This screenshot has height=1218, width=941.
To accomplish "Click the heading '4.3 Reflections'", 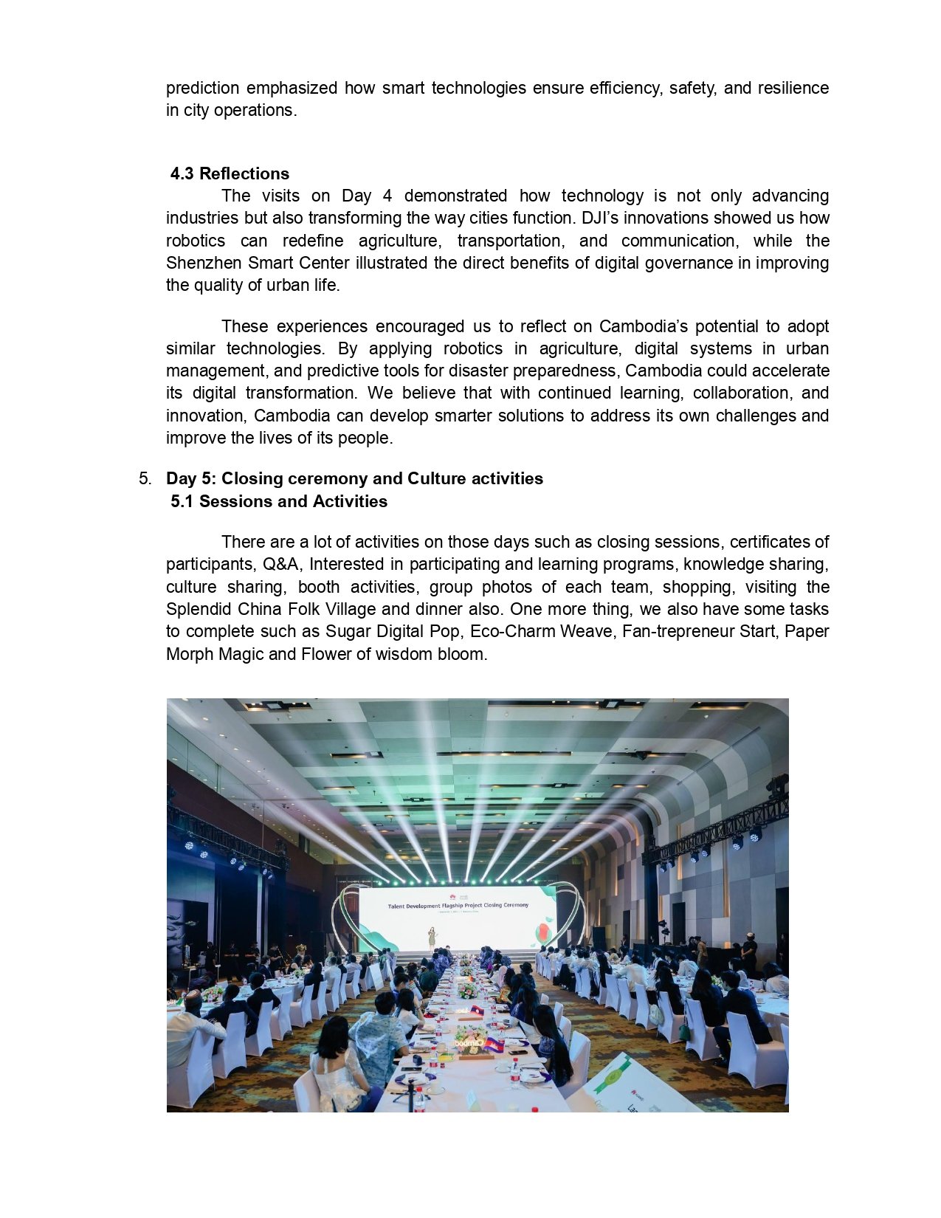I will tap(230, 173).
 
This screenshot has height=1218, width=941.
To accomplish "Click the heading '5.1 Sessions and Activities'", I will tap(278, 501).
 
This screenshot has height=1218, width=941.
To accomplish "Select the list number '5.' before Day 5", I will tap(145, 478).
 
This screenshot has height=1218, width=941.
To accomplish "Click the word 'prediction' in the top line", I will tap(202, 88).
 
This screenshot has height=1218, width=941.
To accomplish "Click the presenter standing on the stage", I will tap(432, 937).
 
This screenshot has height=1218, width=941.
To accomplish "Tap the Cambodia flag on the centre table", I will tap(494, 1045).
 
